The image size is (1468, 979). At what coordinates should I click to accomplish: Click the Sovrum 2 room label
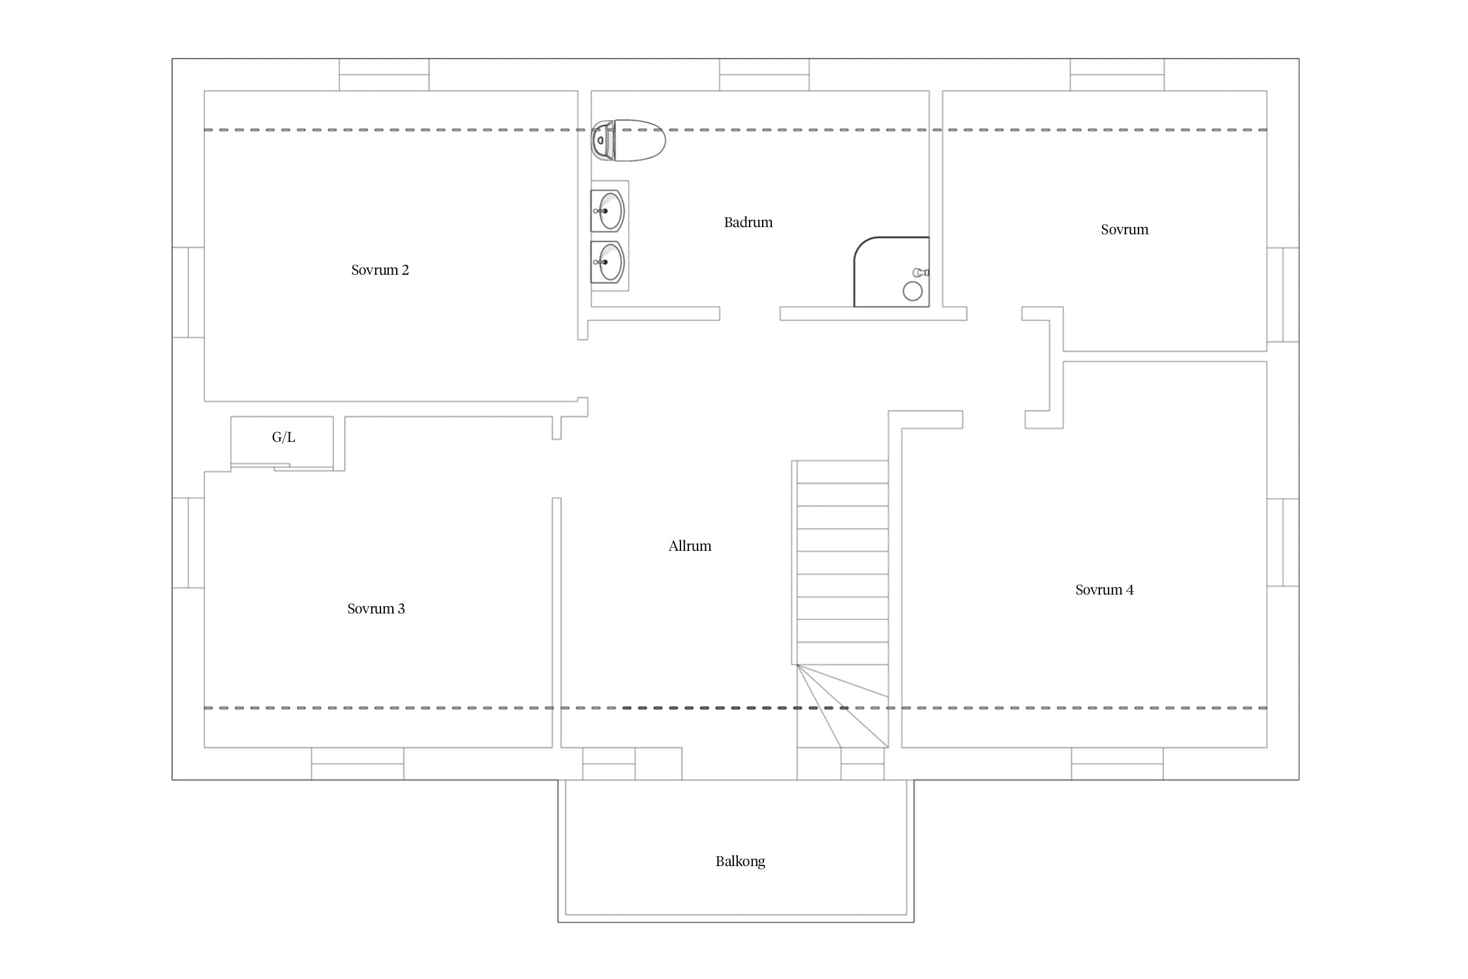coord(380,270)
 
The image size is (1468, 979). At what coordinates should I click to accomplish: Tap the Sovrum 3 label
coord(376,609)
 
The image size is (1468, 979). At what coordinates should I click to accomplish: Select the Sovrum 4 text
coord(1105,590)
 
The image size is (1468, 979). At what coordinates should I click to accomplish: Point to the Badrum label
coord(748,223)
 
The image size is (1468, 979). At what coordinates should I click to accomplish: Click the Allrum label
coord(690,546)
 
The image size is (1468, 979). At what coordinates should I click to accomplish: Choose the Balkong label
coord(741,862)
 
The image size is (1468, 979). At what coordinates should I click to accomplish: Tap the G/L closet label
coord(284,437)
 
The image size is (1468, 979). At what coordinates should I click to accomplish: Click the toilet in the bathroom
coord(628,140)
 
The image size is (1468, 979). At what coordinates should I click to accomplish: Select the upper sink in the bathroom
coord(607,211)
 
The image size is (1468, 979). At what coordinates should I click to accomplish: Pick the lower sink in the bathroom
coord(607,262)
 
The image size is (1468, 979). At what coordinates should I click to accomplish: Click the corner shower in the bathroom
coord(892,272)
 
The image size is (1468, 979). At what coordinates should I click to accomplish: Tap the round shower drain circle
coord(913,291)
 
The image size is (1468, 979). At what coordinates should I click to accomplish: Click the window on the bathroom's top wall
coord(764,75)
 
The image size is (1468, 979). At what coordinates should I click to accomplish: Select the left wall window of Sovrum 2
coord(189,292)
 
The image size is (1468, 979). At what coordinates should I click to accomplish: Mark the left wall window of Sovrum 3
coord(189,543)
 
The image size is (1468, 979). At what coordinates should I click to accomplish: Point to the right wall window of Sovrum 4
coord(1283,542)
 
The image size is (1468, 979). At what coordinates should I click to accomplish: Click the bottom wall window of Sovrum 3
coord(358,764)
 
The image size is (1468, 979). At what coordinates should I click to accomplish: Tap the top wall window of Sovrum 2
coord(384,75)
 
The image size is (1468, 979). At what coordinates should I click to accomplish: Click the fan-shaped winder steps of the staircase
coord(843,706)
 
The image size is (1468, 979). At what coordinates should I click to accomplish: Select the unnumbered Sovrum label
coord(1125,230)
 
